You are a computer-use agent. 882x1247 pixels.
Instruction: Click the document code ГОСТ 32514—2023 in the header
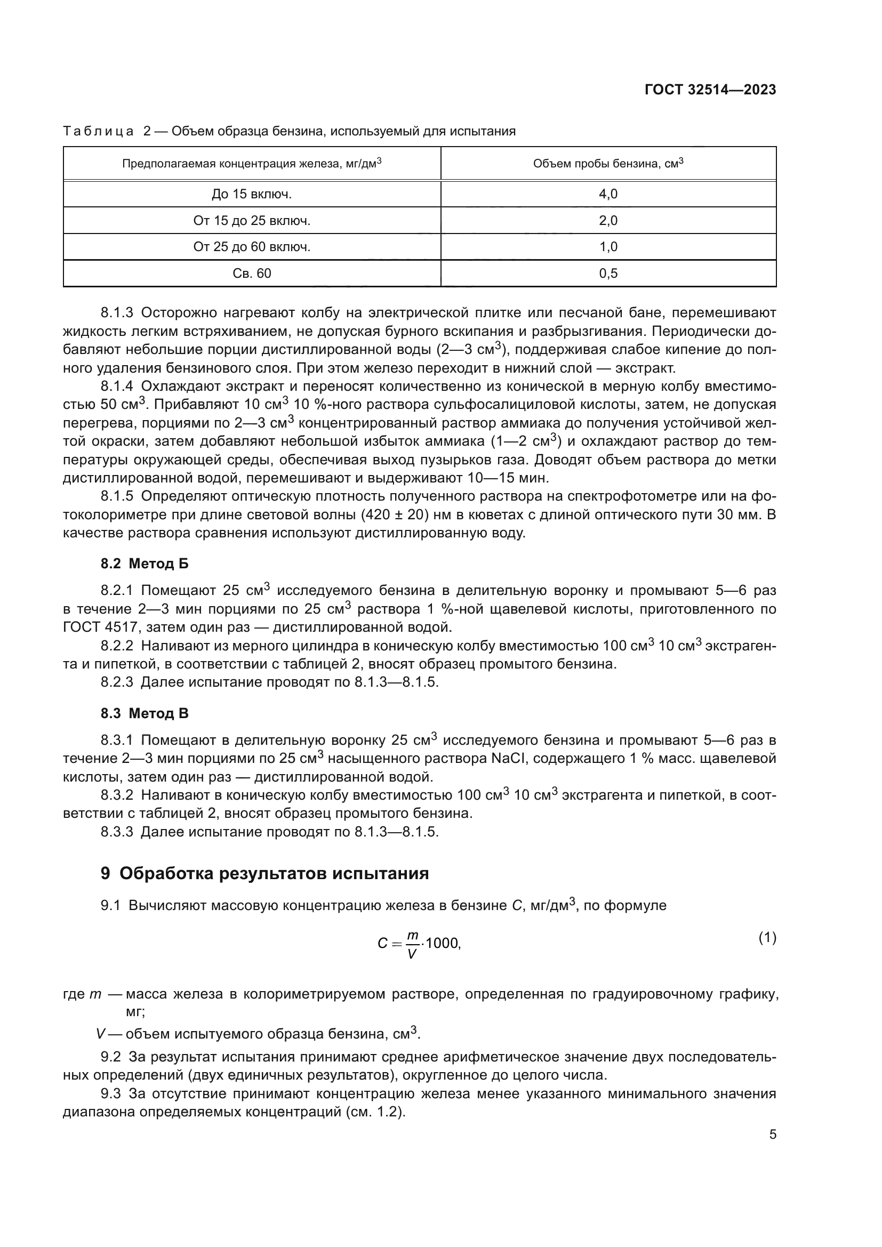pos(710,90)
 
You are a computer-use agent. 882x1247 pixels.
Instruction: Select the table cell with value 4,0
pos(608,194)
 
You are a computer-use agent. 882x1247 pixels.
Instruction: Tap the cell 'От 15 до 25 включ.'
pos(252,221)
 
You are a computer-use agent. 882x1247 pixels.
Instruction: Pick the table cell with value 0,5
pos(608,273)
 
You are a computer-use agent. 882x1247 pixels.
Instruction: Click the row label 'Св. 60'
pos(252,273)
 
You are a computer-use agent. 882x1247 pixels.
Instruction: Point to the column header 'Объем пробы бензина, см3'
pos(608,164)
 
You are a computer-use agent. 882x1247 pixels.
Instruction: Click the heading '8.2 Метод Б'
pos(145,564)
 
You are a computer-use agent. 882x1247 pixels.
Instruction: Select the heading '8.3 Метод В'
pos(145,713)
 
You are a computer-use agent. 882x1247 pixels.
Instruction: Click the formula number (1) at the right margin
pos(767,938)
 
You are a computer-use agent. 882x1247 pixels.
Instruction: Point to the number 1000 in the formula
pos(443,944)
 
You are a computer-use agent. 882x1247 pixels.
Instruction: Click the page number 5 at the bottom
pos(772,1135)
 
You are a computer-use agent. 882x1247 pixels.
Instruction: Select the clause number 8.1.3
pos(117,313)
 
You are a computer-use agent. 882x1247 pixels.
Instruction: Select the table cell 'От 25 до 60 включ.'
pos(252,247)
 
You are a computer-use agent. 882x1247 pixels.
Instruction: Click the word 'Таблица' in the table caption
pos(98,132)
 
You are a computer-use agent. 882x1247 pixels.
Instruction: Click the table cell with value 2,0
pos(608,221)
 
